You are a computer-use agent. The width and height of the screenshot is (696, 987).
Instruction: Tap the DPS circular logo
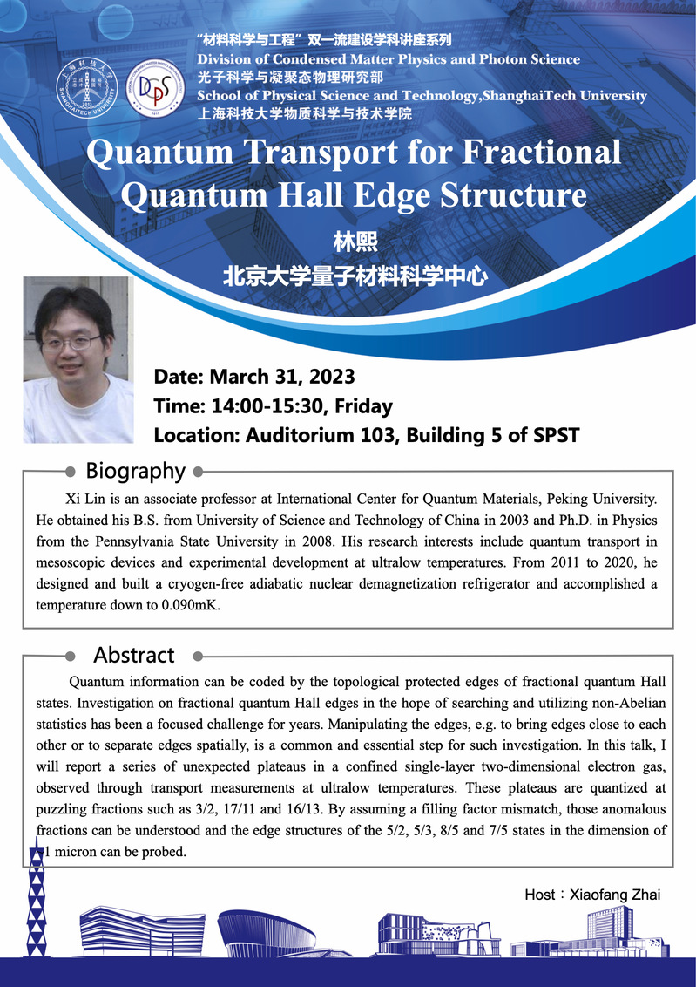coord(155,89)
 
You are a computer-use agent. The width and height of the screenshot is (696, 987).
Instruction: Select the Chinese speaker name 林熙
coord(347,242)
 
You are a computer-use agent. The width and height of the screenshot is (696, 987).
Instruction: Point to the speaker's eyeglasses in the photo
coord(71,343)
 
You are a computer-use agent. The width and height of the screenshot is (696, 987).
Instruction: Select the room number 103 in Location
coord(382,435)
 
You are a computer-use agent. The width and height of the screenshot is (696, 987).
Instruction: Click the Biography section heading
coord(135,472)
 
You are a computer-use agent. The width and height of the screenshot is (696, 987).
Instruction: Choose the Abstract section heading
coord(134,655)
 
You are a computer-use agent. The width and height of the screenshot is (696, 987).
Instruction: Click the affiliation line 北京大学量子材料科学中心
coord(353,276)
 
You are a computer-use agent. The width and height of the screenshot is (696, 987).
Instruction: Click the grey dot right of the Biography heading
coord(198,473)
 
